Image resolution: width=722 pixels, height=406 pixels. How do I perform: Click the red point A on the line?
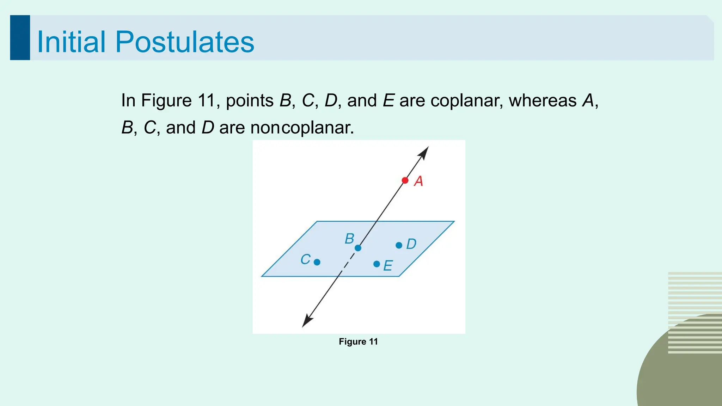click(x=405, y=180)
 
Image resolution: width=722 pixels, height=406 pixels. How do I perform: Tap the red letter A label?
click(x=418, y=181)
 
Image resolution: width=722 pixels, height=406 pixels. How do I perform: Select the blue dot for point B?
click(x=358, y=248)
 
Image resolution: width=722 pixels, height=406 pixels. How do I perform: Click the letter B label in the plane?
click(x=349, y=239)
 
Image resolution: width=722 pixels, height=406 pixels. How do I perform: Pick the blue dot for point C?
click(x=317, y=262)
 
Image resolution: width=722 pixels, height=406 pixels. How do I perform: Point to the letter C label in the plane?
click(x=305, y=259)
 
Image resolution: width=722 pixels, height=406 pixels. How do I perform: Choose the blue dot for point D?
click(x=399, y=245)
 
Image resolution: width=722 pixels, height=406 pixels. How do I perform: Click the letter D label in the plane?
click(x=411, y=244)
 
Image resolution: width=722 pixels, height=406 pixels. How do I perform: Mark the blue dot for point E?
click(x=377, y=264)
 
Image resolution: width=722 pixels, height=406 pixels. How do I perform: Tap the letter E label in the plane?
click(x=388, y=266)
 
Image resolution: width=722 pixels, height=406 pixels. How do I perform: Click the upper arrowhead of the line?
click(x=424, y=152)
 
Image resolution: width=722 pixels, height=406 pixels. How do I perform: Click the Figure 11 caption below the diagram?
click(x=358, y=342)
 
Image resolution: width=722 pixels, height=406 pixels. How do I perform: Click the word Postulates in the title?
click(x=184, y=42)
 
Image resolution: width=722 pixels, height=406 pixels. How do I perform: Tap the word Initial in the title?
click(x=71, y=42)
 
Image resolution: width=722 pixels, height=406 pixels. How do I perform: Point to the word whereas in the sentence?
click(x=542, y=100)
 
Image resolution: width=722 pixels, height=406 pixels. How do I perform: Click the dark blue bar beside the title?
click(x=20, y=37)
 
